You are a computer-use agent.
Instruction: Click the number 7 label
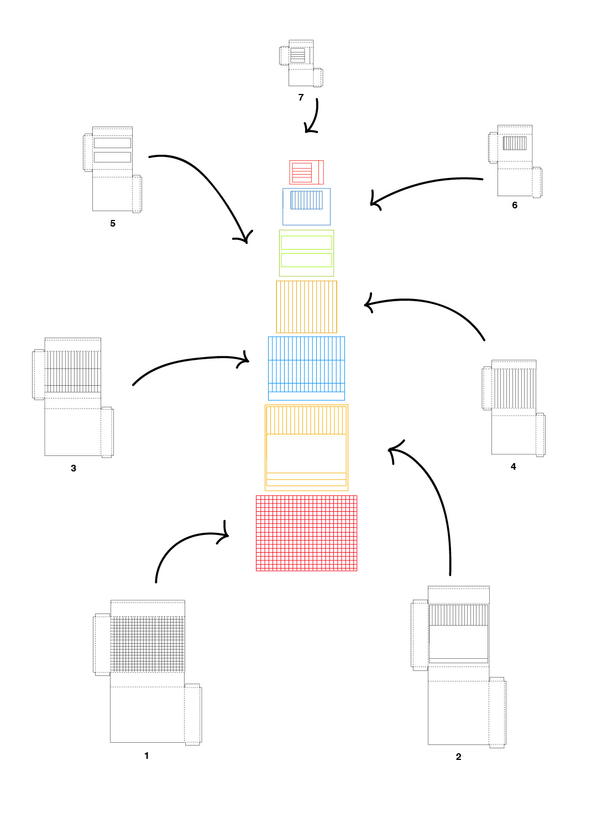301,97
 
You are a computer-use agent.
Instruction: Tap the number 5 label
113,223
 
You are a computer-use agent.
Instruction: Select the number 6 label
515,206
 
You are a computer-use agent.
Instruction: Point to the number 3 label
74,468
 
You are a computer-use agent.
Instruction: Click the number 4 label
513,466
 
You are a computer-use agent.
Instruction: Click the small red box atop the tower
306,172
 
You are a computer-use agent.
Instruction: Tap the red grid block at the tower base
306,533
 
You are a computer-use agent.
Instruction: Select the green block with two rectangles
306,253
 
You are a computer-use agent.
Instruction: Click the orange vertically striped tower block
306,307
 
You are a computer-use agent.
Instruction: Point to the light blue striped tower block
306,368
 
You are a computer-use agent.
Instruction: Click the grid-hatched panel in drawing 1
147,644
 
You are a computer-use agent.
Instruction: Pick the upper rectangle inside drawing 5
113,143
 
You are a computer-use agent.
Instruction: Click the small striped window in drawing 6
515,143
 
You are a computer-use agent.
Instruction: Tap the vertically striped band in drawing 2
458,615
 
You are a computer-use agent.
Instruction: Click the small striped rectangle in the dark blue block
306,200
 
